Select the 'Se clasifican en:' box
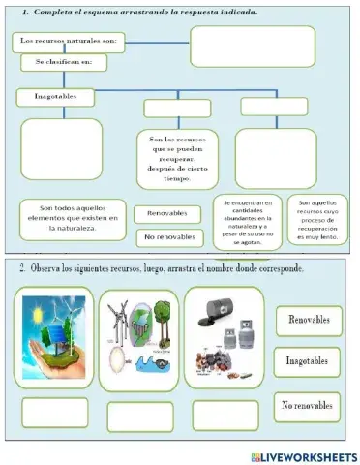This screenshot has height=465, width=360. pyautogui.click(x=64, y=63)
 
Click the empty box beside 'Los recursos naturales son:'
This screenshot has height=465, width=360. pyautogui.click(x=253, y=46)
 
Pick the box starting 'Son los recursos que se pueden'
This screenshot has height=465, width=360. pyautogui.click(x=177, y=159)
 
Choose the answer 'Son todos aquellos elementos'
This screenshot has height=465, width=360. pyautogui.click(x=74, y=219)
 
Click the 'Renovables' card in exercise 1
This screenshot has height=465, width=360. pyautogui.click(x=173, y=213)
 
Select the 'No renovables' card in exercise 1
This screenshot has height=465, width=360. pyautogui.click(x=173, y=236)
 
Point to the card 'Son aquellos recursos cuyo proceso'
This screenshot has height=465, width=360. pyautogui.click(x=316, y=222)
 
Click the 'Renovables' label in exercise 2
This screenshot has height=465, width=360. pyautogui.click(x=307, y=319)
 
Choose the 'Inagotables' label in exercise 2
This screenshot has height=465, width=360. pyautogui.click(x=307, y=361)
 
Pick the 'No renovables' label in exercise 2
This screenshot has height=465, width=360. pyautogui.click(x=307, y=405)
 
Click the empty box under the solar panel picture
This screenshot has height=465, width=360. pyautogui.click(x=55, y=413)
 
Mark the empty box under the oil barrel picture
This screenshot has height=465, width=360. pyautogui.click(x=225, y=415)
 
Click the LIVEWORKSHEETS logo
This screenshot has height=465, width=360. pyautogui.click(x=303, y=456)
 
